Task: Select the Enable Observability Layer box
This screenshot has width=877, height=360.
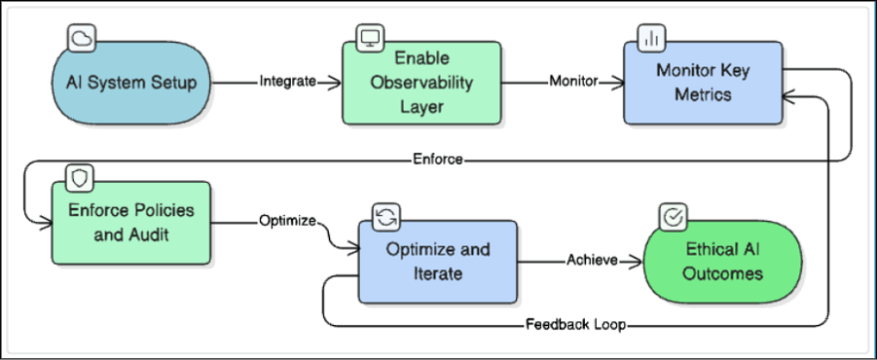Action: pyautogui.click(x=421, y=82)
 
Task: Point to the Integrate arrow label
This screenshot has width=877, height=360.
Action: pyautogui.click(x=288, y=82)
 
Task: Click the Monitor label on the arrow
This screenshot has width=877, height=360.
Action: pyautogui.click(x=573, y=82)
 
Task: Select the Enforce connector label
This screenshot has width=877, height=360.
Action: pyautogui.click(x=438, y=160)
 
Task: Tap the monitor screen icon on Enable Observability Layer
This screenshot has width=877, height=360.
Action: pyautogui.click(x=369, y=39)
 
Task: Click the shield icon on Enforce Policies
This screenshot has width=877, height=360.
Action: pyautogui.click(x=78, y=178)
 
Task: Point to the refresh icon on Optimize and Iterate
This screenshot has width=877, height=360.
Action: pyautogui.click(x=384, y=216)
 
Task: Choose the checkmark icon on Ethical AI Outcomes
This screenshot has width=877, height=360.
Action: pyautogui.click(x=671, y=216)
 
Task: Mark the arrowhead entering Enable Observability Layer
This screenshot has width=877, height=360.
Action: pyautogui.click(x=333, y=82)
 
